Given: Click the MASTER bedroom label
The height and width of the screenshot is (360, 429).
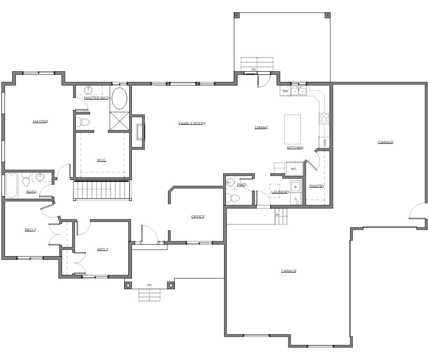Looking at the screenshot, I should click(x=40, y=122).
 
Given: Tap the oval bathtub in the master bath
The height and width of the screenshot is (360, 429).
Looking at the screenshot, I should click(x=120, y=99).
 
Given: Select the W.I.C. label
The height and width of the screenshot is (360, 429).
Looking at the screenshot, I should click(x=101, y=159).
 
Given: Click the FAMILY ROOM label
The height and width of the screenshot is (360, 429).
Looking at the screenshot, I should click(x=192, y=123).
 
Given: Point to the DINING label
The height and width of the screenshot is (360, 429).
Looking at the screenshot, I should click(x=261, y=127).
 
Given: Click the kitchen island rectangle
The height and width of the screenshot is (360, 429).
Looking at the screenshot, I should click(x=293, y=129).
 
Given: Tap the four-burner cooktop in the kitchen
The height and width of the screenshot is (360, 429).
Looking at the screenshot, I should click(x=324, y=119).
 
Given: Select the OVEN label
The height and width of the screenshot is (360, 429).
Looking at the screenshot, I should click(x=325, y=143).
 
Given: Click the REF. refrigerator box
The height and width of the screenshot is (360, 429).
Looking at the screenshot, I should click(x=294, y=169).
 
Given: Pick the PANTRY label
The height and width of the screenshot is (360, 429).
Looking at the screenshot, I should click(x=316, y=186).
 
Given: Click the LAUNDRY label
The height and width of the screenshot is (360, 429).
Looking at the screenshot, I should click(x=280, y=192).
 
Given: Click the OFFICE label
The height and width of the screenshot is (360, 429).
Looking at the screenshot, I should click(x=198, y=217).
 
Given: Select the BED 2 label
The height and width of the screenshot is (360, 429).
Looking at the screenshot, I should click(x=30, y=230).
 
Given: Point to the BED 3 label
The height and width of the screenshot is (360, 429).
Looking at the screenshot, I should click(x=103, y=249).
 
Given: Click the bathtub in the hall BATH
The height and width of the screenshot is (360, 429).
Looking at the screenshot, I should click(x=10, y=185).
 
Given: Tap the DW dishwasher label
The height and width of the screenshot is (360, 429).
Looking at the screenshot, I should click(x=285, y=91).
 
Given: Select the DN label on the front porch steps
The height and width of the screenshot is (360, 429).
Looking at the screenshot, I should click(x=149, y=285).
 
